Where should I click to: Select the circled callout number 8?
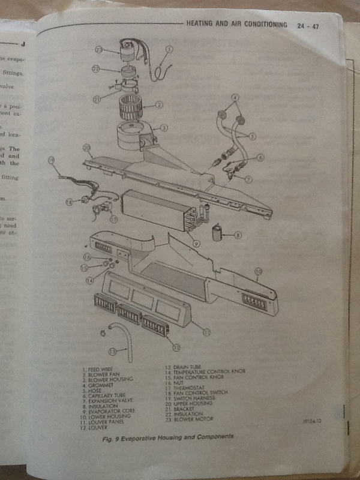(238, 236)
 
